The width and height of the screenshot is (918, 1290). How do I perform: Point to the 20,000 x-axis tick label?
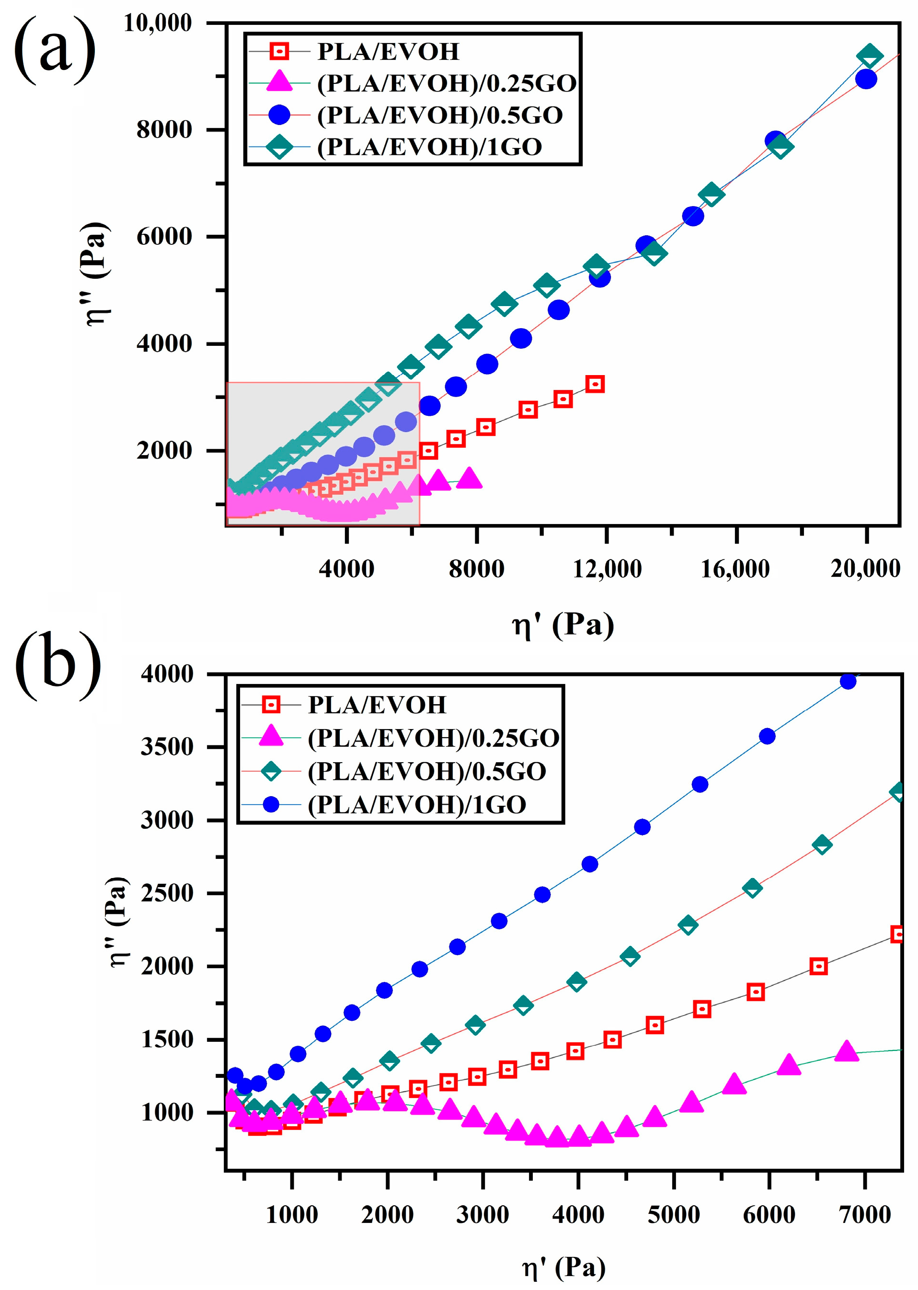point(865,569)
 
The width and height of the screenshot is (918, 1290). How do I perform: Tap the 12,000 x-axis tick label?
point(607,569)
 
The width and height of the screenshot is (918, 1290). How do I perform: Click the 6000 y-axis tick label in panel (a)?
point(164,236)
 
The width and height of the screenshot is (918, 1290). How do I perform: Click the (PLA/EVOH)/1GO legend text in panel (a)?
point(430,147)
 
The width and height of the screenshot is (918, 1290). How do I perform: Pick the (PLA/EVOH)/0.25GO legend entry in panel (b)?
point(433,738)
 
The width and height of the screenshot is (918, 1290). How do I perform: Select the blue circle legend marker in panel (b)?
point(271,804)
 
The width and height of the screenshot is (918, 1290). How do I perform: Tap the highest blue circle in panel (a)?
point(866,79)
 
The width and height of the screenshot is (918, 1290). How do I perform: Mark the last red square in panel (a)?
point(595,384)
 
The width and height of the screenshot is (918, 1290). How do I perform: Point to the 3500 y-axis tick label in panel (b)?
point(167,747)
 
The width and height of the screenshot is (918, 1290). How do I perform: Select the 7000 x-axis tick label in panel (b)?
point(865,1214)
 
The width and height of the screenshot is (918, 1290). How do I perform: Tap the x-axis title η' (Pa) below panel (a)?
point(563,625)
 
